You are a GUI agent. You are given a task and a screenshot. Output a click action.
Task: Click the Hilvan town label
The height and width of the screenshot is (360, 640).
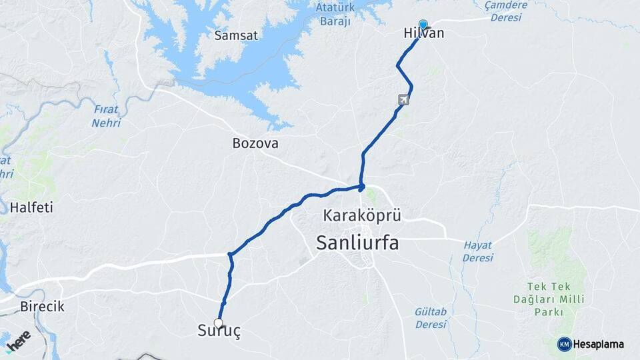pyautogui.click(x=424, y=33)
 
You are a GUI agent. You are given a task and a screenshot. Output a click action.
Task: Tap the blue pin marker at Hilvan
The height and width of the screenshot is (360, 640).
pyautogui.click(x=423, y=25)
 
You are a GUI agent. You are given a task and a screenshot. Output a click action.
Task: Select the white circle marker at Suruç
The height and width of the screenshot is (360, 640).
pyautogui.click(x=218, y=323)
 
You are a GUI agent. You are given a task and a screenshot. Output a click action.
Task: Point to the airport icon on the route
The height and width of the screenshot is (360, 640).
pyautogui.click(x=403, y=100)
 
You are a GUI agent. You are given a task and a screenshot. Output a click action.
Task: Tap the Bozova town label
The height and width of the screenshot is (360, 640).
pyautogui.click(x=255, y=143)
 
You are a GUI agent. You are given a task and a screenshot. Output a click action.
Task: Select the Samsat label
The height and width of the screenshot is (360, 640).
pyautogui.click(x=236, y=35)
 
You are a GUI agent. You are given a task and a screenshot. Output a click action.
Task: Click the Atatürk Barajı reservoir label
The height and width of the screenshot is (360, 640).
pyautogui.click(x=332, y=15)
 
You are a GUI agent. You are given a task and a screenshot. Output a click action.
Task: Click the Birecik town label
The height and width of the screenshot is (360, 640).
pyautogui.click(x=41, y=307)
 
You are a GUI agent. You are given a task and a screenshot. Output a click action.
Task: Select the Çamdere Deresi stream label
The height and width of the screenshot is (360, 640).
pyautogui.click(x=506, y=11)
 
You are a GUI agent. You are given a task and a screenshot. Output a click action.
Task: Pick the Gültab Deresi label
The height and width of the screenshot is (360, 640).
pyautogui.click(x=430, y=318)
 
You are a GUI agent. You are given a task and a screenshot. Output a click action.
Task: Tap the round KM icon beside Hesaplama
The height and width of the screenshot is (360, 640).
pyautogui.click(x=564, y=344)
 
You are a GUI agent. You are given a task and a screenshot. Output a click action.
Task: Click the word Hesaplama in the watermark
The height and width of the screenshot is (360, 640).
pyautogui.click(x=598, y=344)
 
